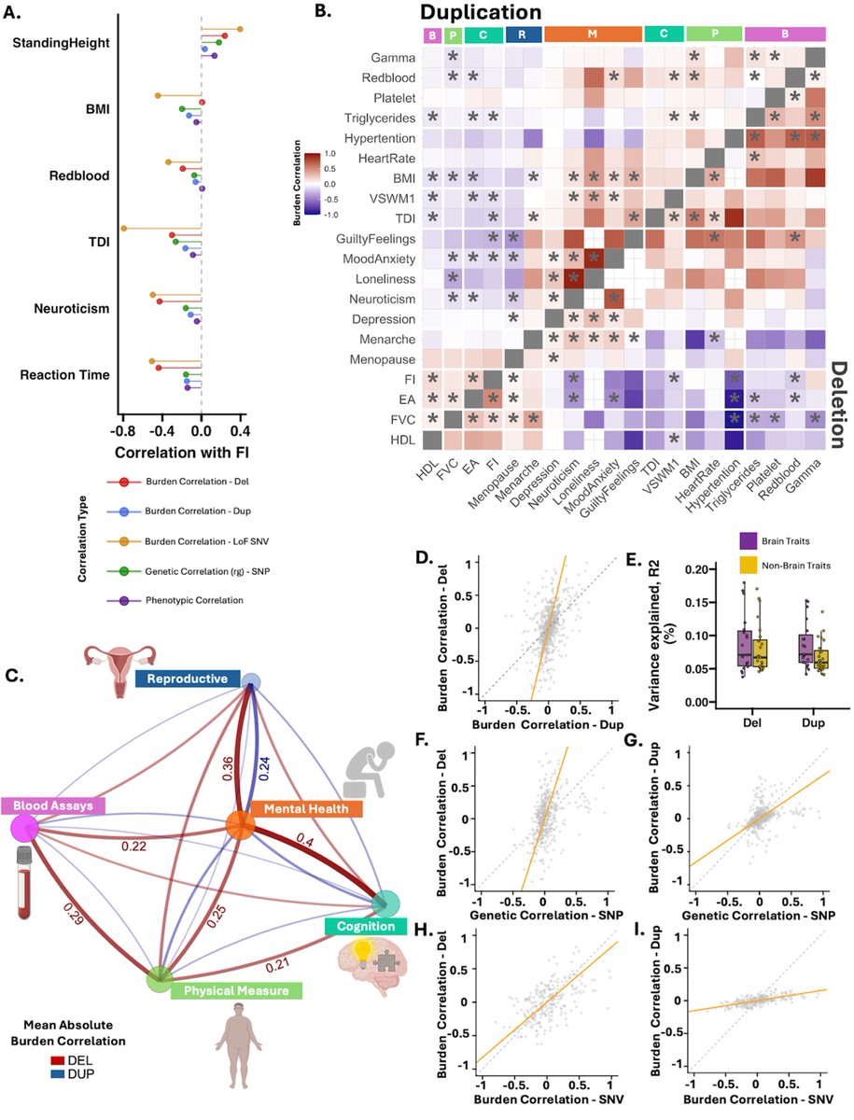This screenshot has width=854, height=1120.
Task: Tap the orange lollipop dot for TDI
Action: pos(122,228)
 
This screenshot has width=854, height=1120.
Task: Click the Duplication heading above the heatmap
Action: pos(481,12)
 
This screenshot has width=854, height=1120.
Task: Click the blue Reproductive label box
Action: pos(185,678)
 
